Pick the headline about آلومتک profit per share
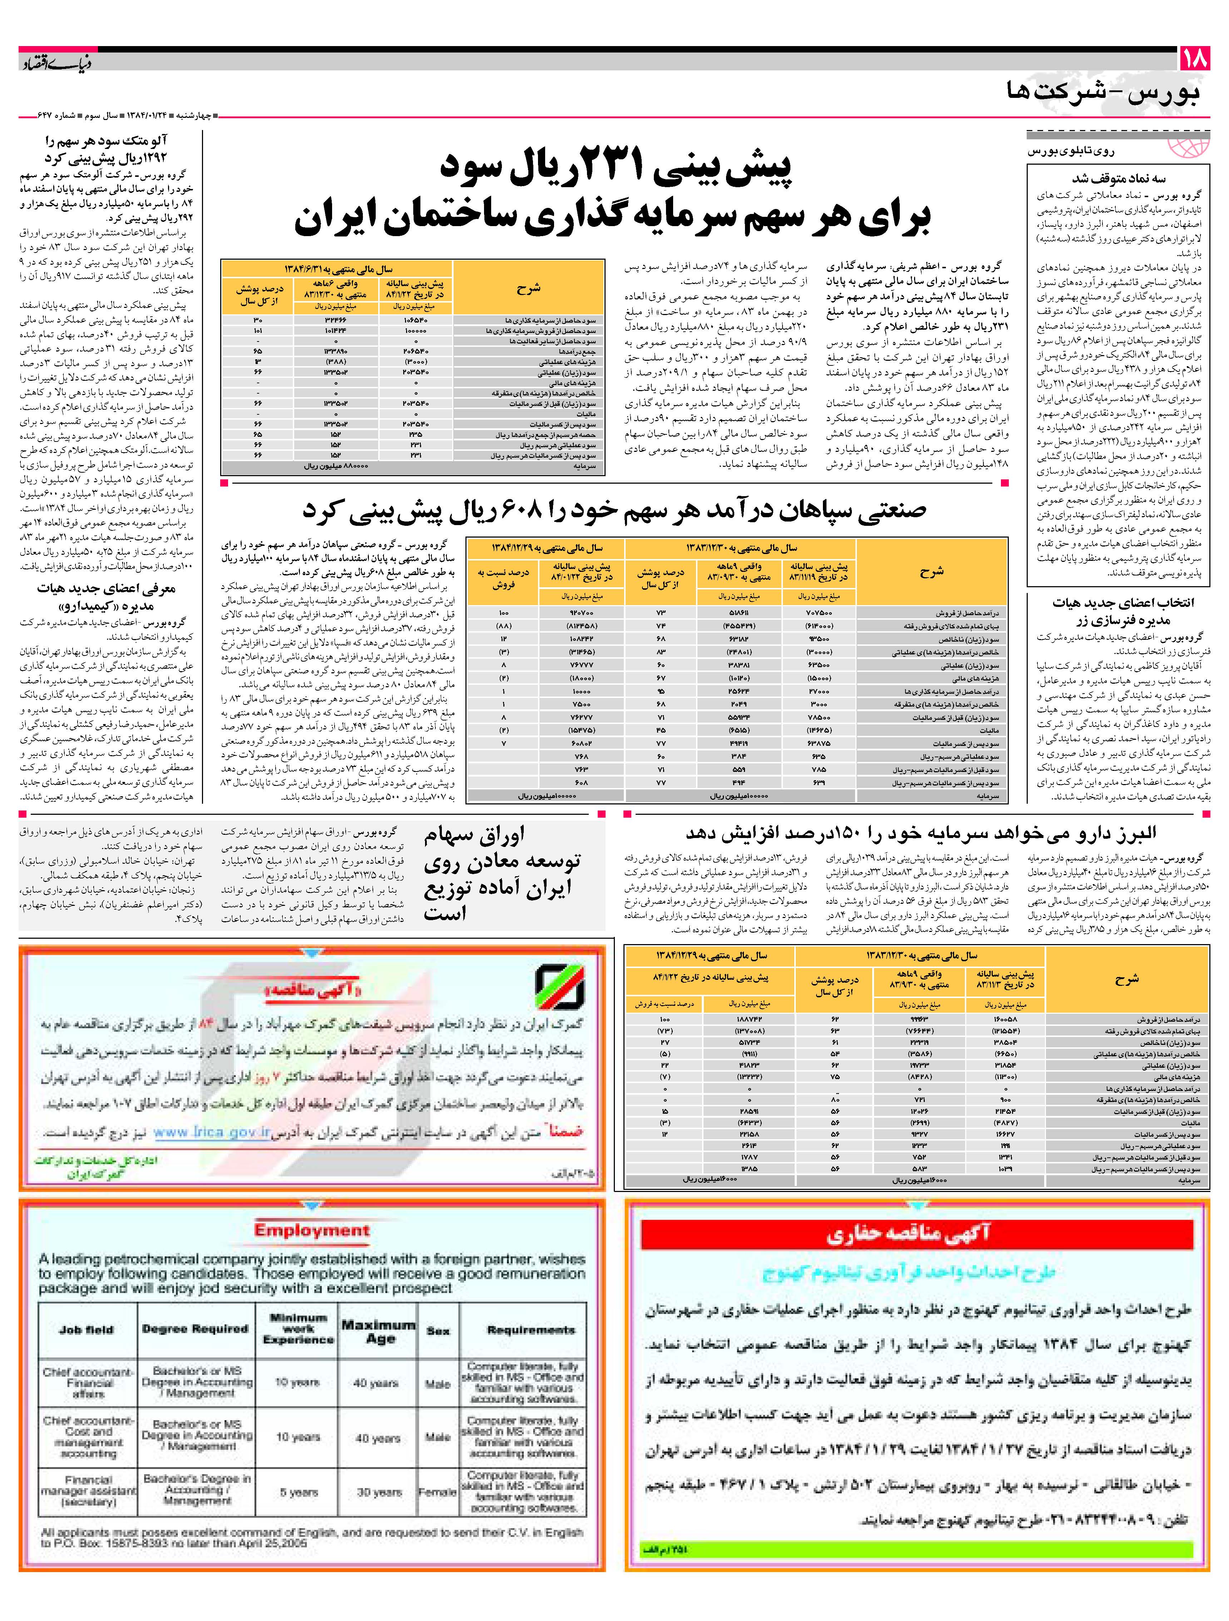(x=106, y=150)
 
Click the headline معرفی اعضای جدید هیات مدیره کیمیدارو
(x=106, y=597)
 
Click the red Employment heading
(x=312, y=1231)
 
